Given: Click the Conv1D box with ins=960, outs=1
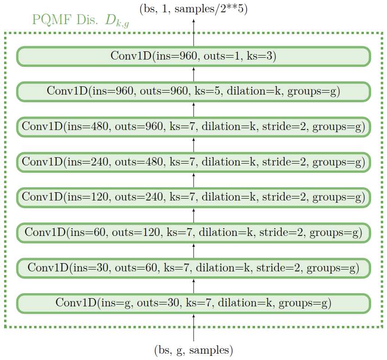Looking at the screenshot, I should coord(193,56).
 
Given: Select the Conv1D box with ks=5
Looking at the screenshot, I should coord(193,91).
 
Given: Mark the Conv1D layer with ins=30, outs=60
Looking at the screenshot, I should coord(193,267).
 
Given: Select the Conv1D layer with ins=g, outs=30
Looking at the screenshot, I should coord(193,303).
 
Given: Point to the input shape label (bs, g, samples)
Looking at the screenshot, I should coord(193,350).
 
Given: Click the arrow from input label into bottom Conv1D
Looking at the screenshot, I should coord(194,327).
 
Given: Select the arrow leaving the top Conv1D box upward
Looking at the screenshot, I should coord(194,33).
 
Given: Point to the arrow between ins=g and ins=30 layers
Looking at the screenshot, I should coord(194,285).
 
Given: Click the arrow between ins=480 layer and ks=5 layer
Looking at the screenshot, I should coord(194,109).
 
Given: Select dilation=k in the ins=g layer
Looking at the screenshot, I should coord(246,303).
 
